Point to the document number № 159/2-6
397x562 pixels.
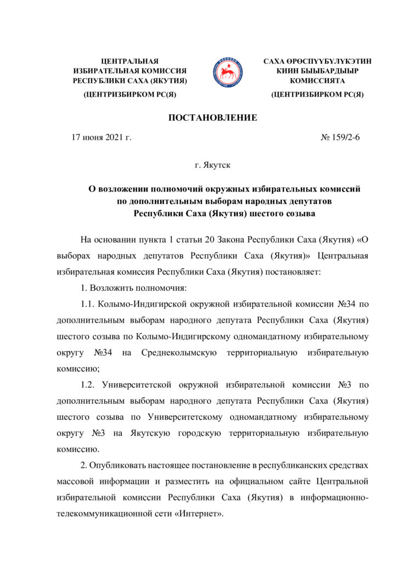(339, 137)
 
